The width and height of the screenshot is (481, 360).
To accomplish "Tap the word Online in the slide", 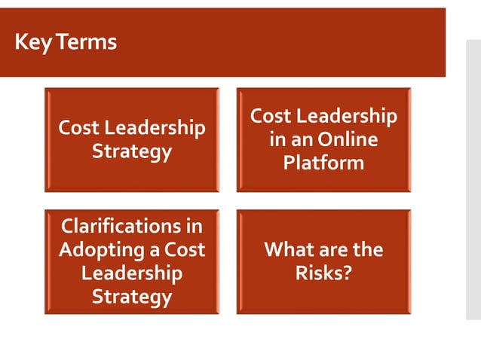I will click(x=348, y=140).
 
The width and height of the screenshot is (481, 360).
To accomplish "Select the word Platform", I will click(x=323, y=163).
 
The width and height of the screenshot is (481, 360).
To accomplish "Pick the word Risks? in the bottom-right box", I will click(x=323, y=272).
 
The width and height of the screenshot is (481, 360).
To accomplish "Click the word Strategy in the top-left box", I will click(x=132, y=151).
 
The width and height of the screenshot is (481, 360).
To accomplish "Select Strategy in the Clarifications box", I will click(x=132, y=296).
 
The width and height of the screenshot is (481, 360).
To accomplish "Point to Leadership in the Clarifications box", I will click(x=132, y=272).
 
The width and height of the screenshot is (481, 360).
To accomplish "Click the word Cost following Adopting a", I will click(x=185, y=249).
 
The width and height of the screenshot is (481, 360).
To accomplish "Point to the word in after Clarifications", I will click(x=195, y=225).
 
